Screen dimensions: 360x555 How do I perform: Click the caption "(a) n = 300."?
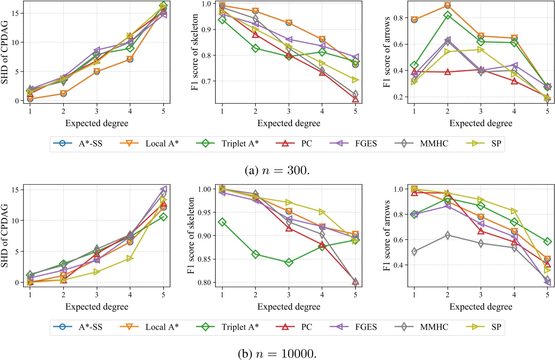pyautogui.click(x=277, y=166)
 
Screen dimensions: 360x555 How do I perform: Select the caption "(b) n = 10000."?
pyautogui.click(x=277, y=350)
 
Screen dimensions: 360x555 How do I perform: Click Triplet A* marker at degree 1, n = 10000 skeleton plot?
pyautogui.click(x=222, y=222)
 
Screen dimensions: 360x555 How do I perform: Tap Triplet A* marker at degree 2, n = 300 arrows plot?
pyautogui.click(x=448, y=16)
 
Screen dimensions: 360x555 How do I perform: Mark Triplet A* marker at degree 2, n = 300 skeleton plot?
pyautogui.click(x=256, y=49)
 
